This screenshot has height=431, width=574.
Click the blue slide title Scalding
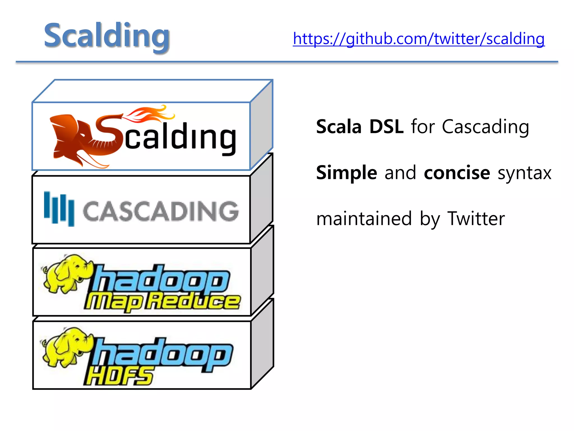click(x=107, y=36)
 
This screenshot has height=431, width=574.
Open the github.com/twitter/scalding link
click(x=418, y=39)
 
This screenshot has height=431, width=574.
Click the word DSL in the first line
click(x=386, y=127)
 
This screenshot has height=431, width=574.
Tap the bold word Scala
click(x=339, y=127)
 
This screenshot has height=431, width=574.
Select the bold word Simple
click(x=346, y=173)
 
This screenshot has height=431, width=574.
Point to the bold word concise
click(x=457, y=173)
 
